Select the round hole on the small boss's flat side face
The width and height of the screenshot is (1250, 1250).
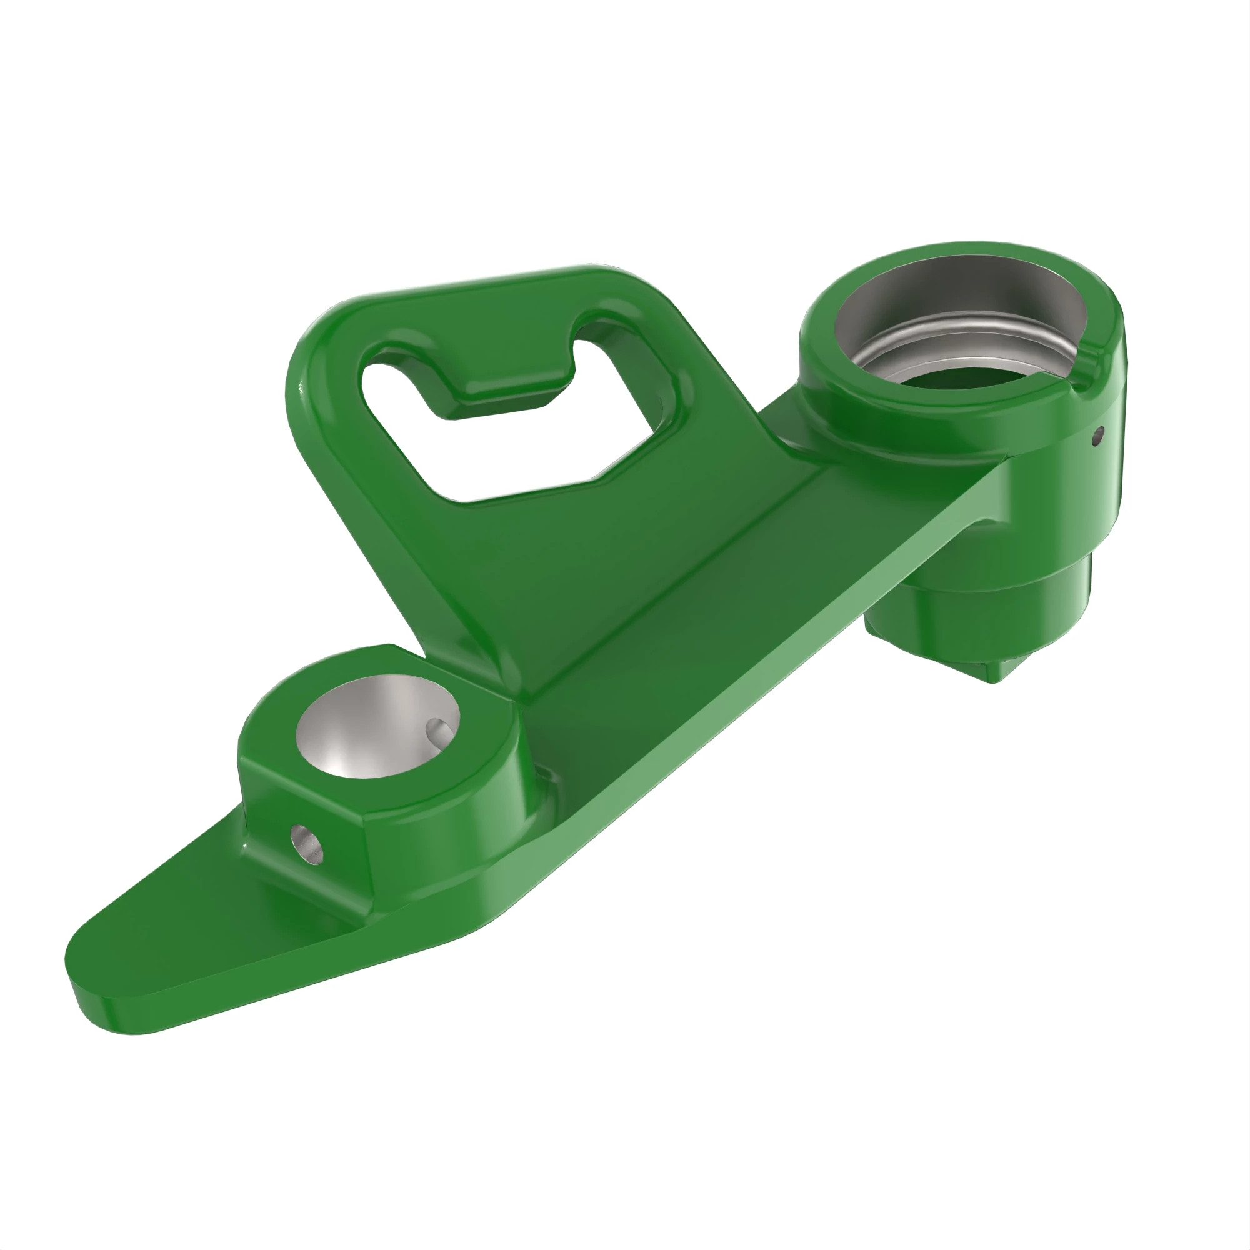point(307,845)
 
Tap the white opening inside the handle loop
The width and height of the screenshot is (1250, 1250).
point(517,453)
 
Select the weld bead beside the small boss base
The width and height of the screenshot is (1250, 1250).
point(550,786)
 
